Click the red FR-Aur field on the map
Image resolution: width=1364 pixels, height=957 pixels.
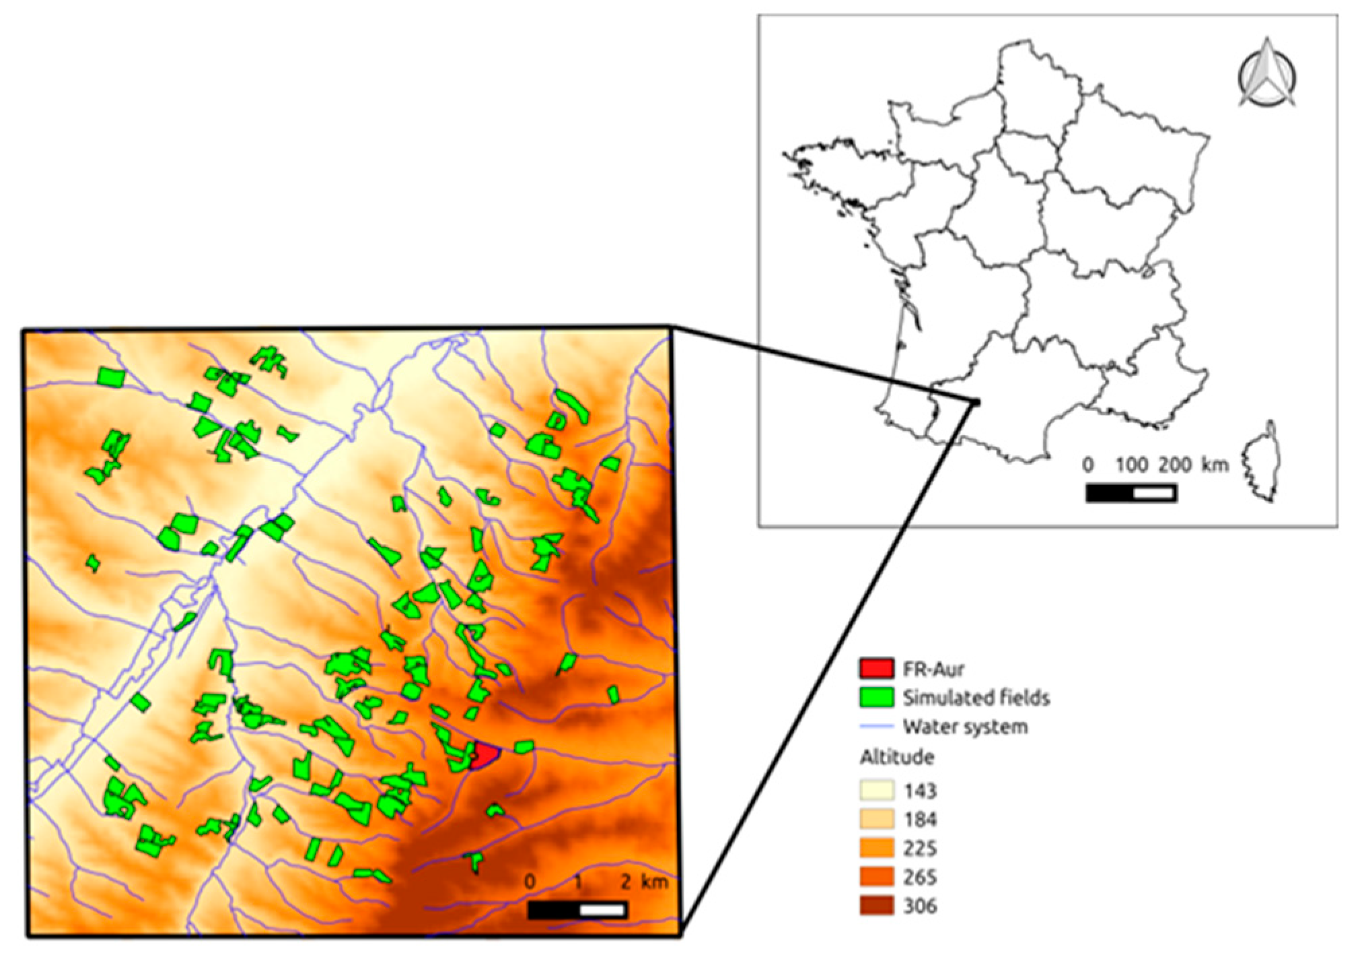point(484,756)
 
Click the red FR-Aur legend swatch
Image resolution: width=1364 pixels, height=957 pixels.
point(876,668)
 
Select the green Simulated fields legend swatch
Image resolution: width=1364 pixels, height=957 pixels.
point(876,697)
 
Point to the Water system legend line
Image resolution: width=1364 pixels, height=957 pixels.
point(876,727)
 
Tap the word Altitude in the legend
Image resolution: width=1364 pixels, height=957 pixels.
point(896,757)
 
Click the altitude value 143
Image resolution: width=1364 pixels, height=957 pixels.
point(920,790)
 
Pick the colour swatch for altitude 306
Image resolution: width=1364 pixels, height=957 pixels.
point(876,906)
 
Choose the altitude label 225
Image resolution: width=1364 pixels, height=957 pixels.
point(920,848)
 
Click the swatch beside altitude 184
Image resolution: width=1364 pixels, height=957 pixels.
point(876,819)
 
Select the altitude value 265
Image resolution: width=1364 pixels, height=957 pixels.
point(920,877)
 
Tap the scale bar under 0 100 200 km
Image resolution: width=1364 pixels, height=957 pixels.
point(1130,493)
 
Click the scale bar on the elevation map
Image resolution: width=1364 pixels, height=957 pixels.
point(577,910)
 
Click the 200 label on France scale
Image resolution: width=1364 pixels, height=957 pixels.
point(1175,464)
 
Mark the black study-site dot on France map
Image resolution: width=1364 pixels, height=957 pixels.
point(975,402)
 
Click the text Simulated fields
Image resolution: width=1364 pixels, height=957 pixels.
point(976,697)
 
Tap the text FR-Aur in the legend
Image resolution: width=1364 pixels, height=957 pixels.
point(933,668)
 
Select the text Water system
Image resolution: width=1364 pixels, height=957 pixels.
point(965,727)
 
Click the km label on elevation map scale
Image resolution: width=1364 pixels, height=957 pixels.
point(654,882)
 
